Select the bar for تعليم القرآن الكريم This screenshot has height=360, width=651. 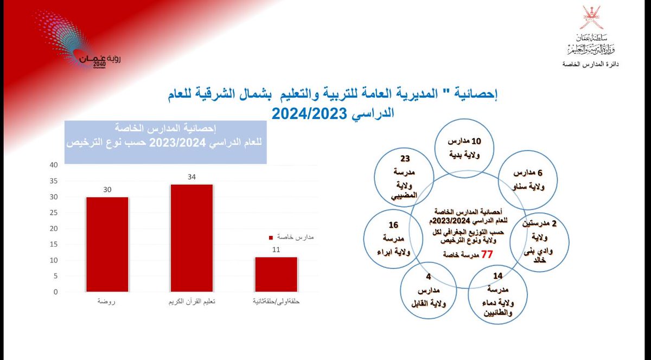tap(192, 238)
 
